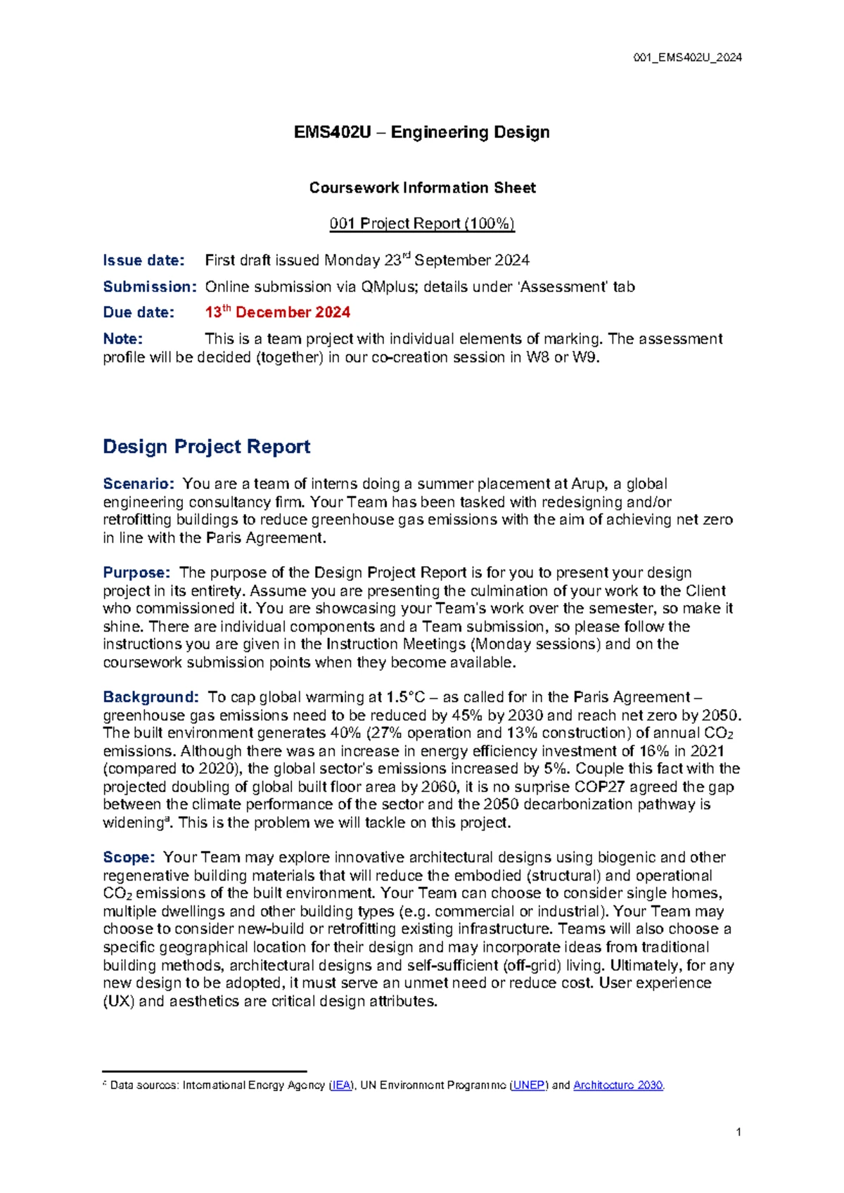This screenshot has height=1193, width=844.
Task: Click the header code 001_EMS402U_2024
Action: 687,58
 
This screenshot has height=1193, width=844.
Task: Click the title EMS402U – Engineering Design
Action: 421,132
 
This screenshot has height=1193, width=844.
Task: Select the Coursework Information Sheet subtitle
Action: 422,188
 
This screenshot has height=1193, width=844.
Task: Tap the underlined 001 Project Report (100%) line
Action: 422,224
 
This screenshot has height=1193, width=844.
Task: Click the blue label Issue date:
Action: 143,260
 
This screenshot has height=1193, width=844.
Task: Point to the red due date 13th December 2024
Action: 277,312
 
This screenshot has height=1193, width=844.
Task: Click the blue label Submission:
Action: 149,286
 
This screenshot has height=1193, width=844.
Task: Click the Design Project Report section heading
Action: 206,447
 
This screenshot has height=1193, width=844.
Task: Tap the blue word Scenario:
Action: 138,484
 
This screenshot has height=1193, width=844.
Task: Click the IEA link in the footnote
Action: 341,1085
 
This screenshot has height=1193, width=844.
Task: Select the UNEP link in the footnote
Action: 528,1085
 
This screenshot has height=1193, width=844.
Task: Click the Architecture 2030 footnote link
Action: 618,1085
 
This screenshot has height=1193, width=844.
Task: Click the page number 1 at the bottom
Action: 738,1133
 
